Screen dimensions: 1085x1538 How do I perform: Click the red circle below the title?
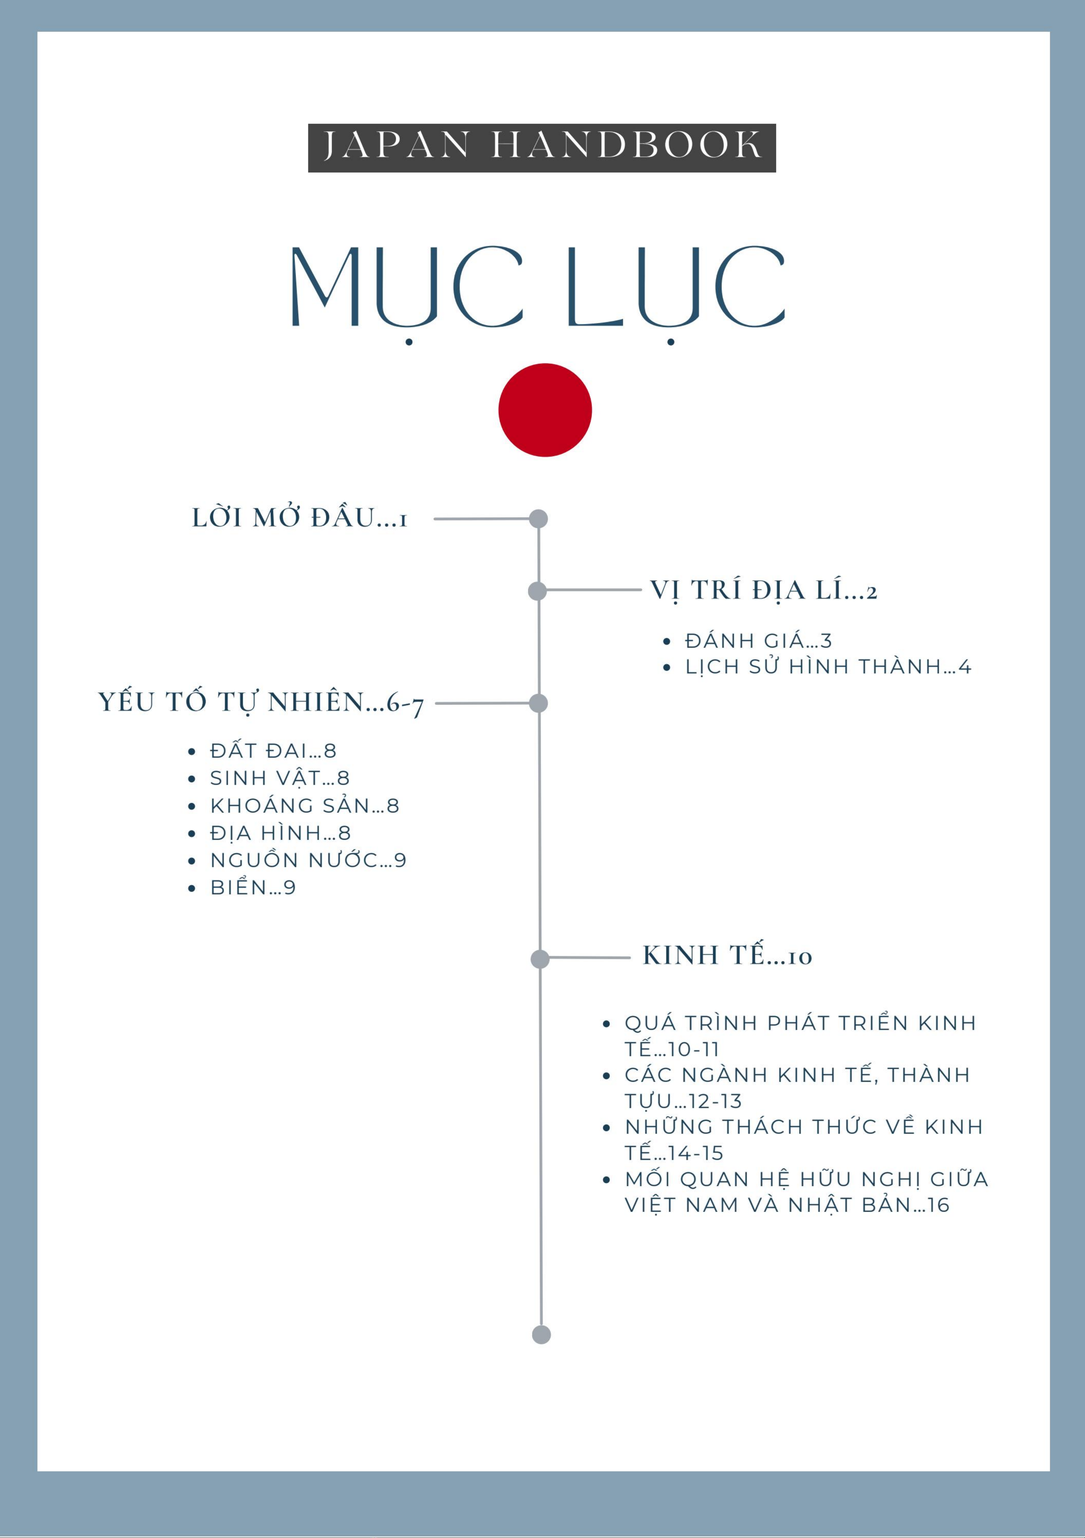pos(545,410)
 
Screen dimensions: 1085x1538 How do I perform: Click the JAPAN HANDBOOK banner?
pos(542,148)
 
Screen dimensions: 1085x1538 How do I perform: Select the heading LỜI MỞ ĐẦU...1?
pos(299,518)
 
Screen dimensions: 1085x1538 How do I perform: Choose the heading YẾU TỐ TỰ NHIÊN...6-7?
pos(261,703)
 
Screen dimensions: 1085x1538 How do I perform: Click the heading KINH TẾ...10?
pos(727,956)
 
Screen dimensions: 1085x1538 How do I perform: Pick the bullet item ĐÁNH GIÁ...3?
pos(758,641)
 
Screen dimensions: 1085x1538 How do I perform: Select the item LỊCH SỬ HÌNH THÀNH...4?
pos(828,667)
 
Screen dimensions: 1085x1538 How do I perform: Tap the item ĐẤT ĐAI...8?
pos(273,751)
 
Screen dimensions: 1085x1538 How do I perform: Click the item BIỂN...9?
pos(252,888)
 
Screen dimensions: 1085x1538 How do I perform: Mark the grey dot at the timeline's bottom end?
pos(541,1334)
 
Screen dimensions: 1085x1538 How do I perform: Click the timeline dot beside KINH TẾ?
pos(540,959)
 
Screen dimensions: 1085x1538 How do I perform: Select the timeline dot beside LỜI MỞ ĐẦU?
pos(539,518)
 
